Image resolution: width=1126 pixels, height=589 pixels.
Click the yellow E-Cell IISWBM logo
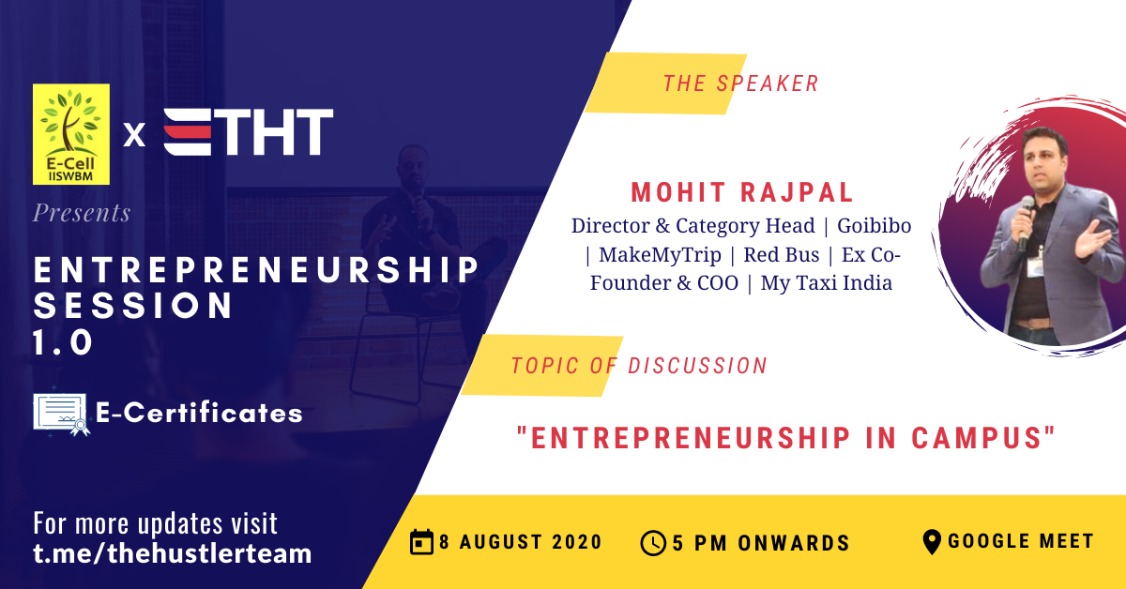pos(71,134)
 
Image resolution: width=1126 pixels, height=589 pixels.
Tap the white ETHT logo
pos(249,131)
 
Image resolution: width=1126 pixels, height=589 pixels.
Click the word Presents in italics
pos(82,213)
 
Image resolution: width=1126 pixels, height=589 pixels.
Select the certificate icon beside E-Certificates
pos(61,415)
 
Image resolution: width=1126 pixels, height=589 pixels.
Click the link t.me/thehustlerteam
pos(173,553)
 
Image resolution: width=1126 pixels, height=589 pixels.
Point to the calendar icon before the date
pos(421,542)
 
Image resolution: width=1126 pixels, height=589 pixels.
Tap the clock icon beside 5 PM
pos(653,543)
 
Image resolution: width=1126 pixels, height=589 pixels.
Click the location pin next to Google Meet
pos(932,542)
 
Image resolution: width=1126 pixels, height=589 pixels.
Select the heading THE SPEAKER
pos(741,83)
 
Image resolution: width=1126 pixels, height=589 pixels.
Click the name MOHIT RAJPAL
pos(742,192)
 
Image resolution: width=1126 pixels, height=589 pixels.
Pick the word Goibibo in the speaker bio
pos(874,226)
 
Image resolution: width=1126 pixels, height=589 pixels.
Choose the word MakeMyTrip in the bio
pos(660,255)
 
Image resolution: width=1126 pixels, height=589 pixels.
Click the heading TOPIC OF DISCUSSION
pos(639,366)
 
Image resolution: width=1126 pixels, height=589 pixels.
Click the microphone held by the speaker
pos(1026,221)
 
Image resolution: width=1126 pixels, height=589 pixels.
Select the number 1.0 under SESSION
pos(63,342)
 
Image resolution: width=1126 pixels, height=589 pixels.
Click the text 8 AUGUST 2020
pos(520,542)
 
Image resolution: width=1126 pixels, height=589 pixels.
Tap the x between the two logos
pos(134,135)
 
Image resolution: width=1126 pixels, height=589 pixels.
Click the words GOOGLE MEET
pos(1021,541)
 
